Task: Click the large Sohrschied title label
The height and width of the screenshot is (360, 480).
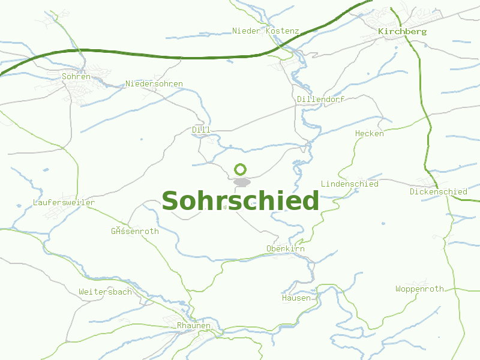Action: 240,201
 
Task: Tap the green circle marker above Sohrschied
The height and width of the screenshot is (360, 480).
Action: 241,169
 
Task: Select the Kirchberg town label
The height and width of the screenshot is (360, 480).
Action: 402,31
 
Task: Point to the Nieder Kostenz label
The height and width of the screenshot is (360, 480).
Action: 265,31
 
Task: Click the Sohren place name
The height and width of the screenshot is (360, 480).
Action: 76,76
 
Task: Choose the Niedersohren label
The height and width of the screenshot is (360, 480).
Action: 154,83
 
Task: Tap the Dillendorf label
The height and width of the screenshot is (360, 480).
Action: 320,99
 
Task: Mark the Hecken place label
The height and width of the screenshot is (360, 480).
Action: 370,133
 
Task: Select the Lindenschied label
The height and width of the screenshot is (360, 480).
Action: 350,184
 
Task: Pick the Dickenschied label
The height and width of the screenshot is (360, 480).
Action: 439,191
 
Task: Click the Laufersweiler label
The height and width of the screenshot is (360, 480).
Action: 64,203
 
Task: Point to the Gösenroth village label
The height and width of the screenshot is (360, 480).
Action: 135,231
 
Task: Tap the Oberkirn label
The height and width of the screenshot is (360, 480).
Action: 286,248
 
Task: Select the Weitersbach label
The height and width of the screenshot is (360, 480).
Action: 105,292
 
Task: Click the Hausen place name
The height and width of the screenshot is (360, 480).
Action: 296,298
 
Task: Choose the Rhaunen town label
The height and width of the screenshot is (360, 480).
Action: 194,325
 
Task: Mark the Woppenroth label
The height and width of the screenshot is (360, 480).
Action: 420,289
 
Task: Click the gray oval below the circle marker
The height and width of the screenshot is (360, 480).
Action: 241,182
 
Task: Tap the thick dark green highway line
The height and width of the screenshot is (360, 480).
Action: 180,58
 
